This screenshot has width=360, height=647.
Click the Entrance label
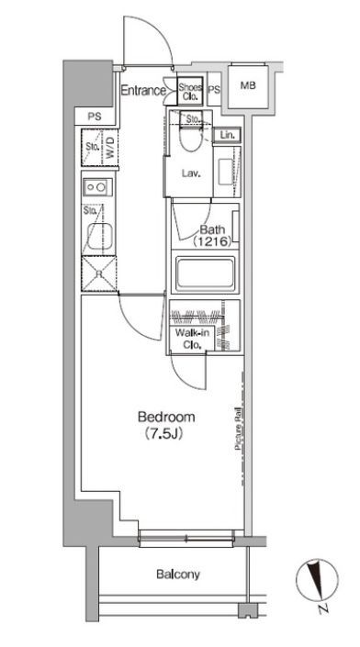pos(143,90)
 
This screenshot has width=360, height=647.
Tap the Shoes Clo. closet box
pos(190,90)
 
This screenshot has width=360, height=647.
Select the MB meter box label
pos(248,86)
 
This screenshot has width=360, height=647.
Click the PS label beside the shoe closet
pos(214,90)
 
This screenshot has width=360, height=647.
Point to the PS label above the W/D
pos(95,117)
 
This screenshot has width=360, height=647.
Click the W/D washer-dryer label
pos(109,148)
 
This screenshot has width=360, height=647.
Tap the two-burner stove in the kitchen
pos(97,188)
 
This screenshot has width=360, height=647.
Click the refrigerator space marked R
pos(99,274)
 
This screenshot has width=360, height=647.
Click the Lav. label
pos(191,173)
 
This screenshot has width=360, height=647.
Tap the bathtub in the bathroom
pos(205,274)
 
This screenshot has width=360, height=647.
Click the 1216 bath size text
pos(212,241)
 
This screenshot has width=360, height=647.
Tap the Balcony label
pos(178,574)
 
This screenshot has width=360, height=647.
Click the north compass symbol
pos(317,580)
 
